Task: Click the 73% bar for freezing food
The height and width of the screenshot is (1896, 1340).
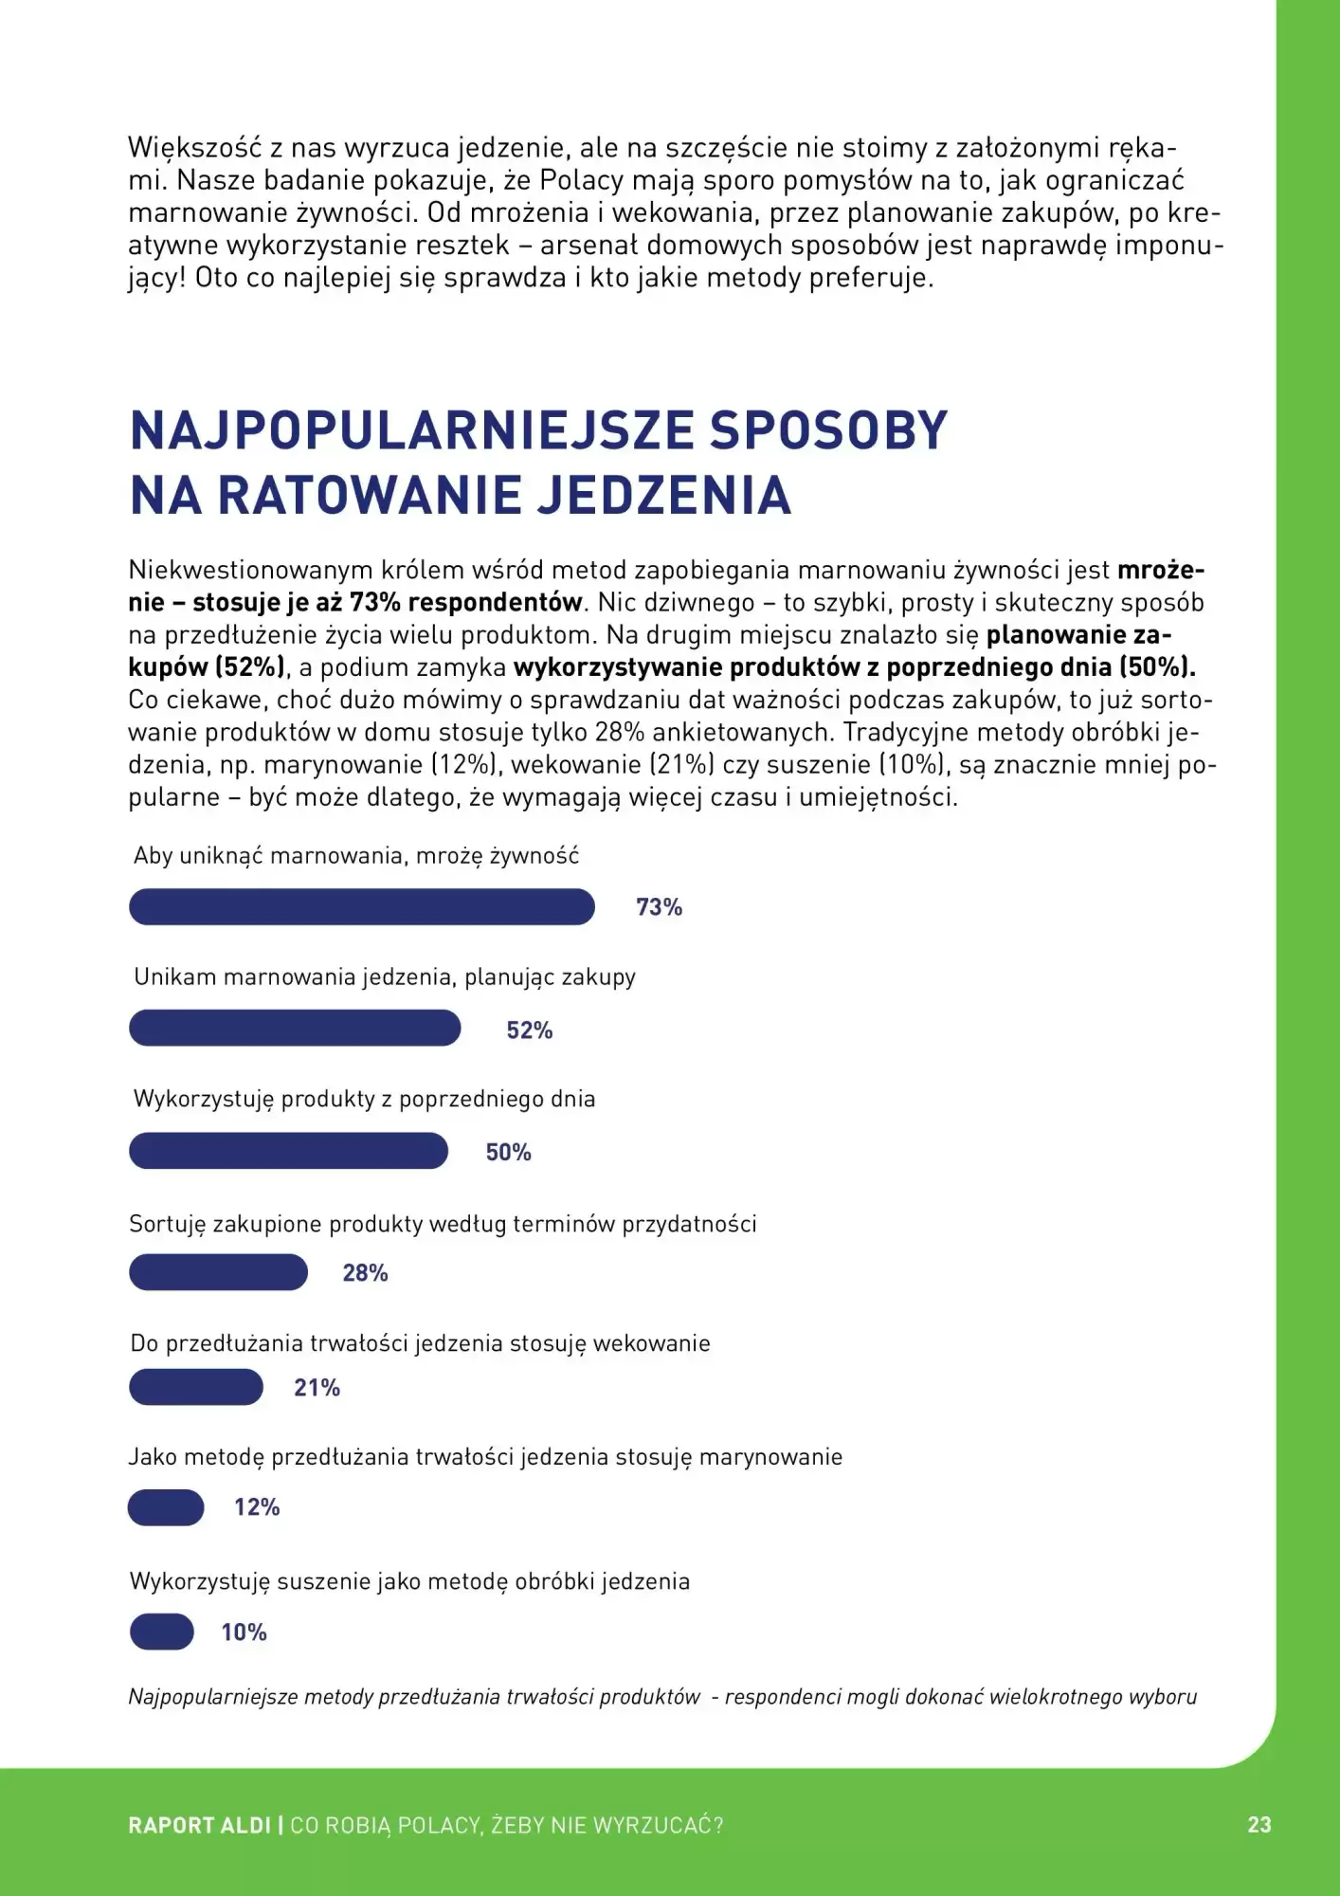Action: point(361,906)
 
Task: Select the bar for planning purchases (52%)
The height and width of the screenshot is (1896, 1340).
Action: point(295,1029)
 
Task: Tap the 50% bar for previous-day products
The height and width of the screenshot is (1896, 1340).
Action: point(288,1151)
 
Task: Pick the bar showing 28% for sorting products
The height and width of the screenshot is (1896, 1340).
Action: point(218,1272)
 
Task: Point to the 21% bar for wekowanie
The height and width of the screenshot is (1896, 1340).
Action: point(196,1387)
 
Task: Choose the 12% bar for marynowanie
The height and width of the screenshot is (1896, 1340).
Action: point(166,1507)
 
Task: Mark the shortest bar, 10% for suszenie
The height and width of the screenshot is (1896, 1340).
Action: point(162,1632)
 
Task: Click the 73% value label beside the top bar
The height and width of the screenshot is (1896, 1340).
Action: point(659,907)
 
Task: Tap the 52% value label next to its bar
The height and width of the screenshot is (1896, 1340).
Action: point(529,1030)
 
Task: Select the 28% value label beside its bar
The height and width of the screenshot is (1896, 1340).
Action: point(365,1273)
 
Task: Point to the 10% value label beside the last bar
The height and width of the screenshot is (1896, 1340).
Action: point(244,1632)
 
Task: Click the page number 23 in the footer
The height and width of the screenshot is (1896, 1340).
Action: point(1259,1825)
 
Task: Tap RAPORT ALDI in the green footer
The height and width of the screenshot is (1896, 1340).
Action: point(199,1826)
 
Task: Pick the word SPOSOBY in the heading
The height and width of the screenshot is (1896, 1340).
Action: point(828,430)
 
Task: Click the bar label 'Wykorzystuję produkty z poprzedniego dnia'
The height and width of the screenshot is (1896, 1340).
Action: point(364,1100)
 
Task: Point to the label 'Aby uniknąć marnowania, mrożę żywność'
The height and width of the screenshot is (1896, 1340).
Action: point(355,856)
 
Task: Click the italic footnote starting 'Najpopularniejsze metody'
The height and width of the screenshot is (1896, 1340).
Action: point(661,1697)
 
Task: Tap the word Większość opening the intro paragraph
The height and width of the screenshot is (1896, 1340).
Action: point(194,149)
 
